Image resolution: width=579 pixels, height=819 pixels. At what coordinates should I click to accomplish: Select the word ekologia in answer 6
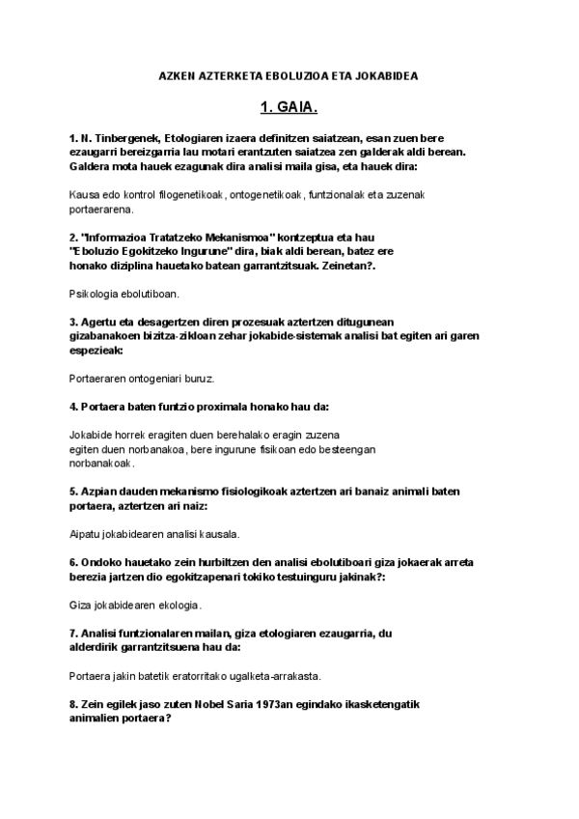click(179, 606)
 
